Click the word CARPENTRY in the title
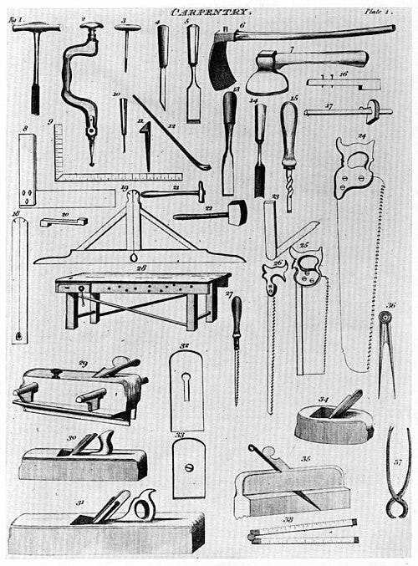[x=210, y=12]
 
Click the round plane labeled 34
[x=334, y=422]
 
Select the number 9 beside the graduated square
[x=51, y=124]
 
